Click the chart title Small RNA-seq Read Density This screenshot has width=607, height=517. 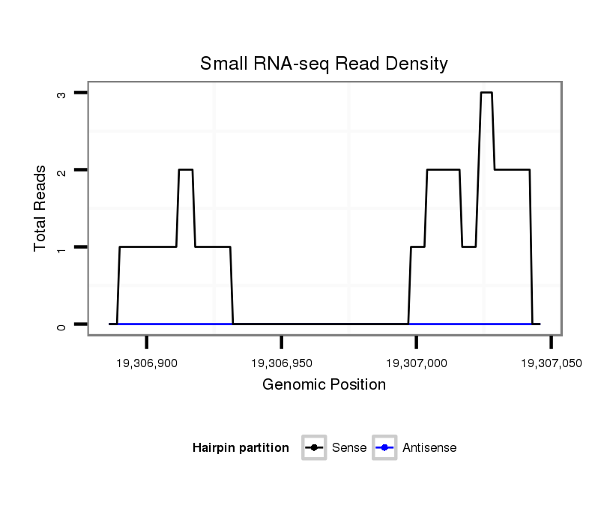pyautogui.click(x=324, y=64)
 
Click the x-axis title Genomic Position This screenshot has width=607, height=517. pyautogui.click(x=324, y=385)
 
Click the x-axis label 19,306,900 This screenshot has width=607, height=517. pyautogui.click(x=147, y=363)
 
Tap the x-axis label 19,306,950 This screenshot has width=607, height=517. pyautogui.click(x=282, y=363)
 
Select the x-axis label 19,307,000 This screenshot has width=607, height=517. pyautogui.click(x=417, y=363)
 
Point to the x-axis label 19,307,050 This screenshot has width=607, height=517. pyautogui.click(x=551, y=363)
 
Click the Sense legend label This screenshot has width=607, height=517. pyautogui.click(x=348, y=448)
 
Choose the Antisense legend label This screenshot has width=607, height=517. pyautogui.click(x=429, y=448)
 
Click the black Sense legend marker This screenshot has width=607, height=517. pyautogui.click(x=314, y=448)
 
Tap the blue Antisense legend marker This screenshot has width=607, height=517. pyautogui.click(x=384, y=448)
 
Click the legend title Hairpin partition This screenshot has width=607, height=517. pyautogui.click(x=241, y=448)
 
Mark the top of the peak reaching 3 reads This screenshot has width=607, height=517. pyautogui.click(x=486, y=93)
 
